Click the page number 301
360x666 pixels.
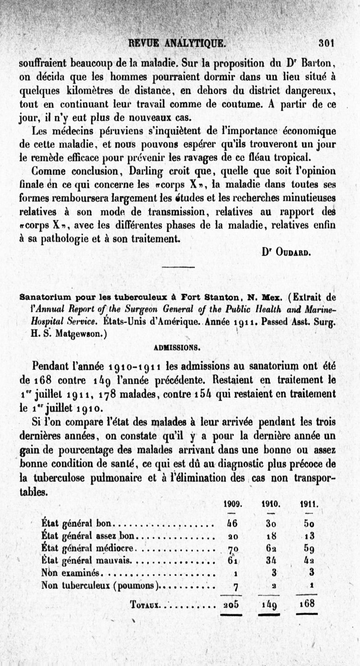325,43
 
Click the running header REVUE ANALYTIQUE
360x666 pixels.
176,43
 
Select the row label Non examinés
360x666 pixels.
72,573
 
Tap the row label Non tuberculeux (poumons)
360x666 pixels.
101,586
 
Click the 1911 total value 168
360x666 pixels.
307,603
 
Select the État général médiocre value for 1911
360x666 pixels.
308,549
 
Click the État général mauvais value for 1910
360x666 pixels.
270,561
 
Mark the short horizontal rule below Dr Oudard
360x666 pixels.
177,267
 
